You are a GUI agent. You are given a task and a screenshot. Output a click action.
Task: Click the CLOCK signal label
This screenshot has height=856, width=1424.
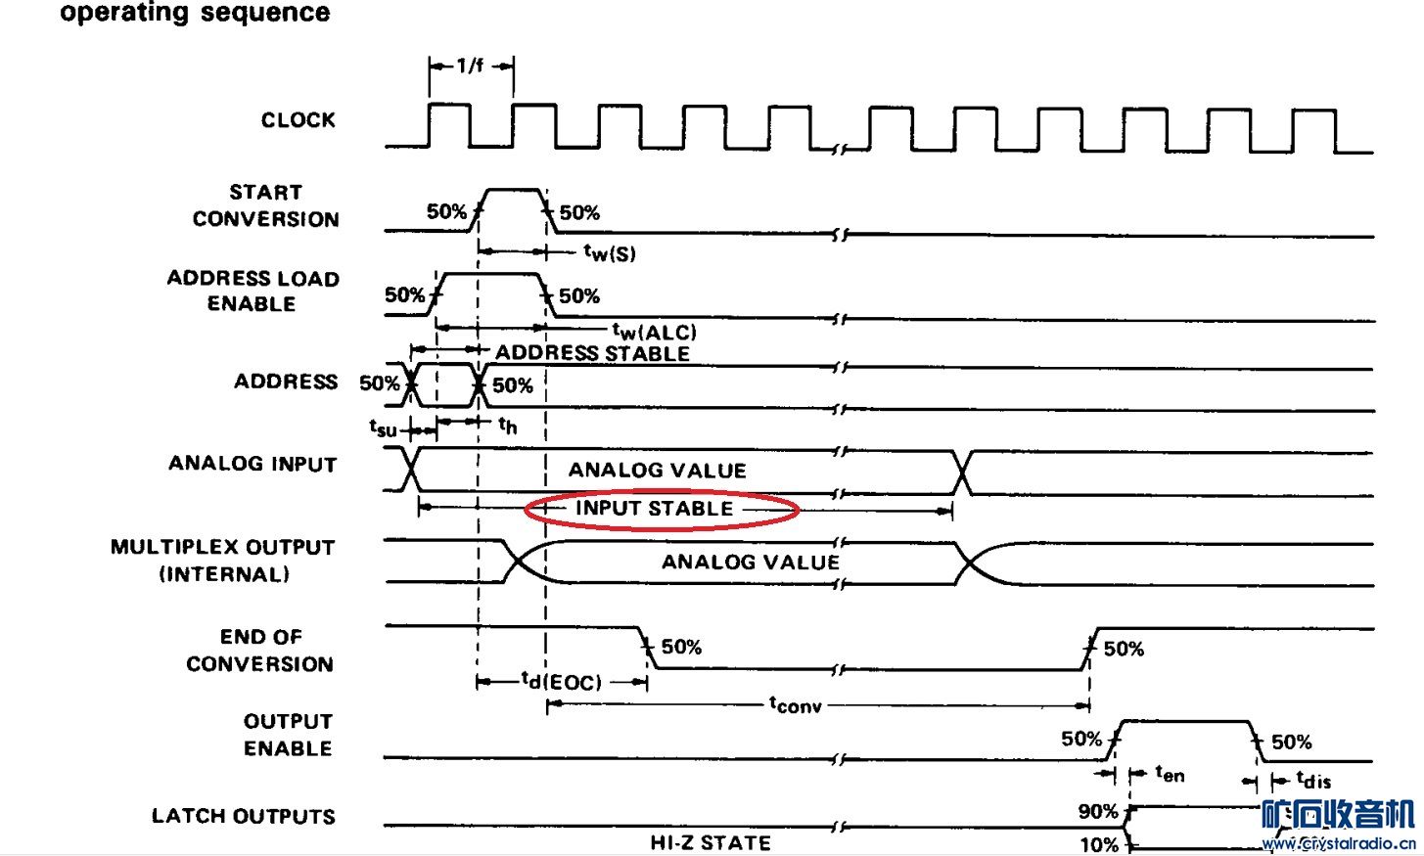(x=298, y=120)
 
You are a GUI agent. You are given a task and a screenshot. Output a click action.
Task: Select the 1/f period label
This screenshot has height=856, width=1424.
(x=470, y=67)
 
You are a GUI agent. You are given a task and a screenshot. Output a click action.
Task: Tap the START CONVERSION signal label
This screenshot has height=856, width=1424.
(x=265, y=205)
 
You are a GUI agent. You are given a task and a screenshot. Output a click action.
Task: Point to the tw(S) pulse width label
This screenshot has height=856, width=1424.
(x=610, y=253)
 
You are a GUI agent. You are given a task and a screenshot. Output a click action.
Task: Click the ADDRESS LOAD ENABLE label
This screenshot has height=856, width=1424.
(x=253, y=291)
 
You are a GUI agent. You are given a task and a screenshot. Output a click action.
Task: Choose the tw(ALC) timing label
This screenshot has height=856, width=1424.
(x=655, y=332)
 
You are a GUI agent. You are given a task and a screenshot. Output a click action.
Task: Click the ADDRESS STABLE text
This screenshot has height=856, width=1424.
(x=592, y=353)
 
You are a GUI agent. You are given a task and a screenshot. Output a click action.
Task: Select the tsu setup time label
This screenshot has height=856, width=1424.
(x=383, y=428)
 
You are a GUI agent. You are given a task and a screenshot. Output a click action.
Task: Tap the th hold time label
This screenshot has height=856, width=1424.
(x=507, y=425)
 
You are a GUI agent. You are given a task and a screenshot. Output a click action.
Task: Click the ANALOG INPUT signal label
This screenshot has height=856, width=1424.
(x=253, y=464)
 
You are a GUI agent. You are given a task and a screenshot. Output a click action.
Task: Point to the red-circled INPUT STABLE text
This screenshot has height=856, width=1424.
(x=654, y=509)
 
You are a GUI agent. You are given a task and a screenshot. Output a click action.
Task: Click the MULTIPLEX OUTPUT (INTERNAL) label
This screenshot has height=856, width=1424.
(x=223, y=561)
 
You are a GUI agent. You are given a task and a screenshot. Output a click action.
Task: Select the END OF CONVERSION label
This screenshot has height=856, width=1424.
(x=260, y=651)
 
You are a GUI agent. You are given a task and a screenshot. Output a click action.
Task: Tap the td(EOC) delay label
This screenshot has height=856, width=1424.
(x=561, y=681)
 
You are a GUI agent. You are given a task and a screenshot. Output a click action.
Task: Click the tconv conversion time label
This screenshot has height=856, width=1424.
(x=795, y=704)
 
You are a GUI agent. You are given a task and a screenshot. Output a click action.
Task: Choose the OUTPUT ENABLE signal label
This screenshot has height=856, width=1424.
(x=288, y=735)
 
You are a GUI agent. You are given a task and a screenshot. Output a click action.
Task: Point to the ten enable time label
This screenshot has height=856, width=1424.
(x=1170, y=774)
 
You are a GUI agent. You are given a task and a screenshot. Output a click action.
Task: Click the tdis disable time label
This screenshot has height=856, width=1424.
(x=1313, y=780)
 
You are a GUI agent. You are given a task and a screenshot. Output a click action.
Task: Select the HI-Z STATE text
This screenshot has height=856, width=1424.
(x=711, y=842)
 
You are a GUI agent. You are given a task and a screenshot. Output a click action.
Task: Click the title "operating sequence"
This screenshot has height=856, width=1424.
(x=195, y=14)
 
